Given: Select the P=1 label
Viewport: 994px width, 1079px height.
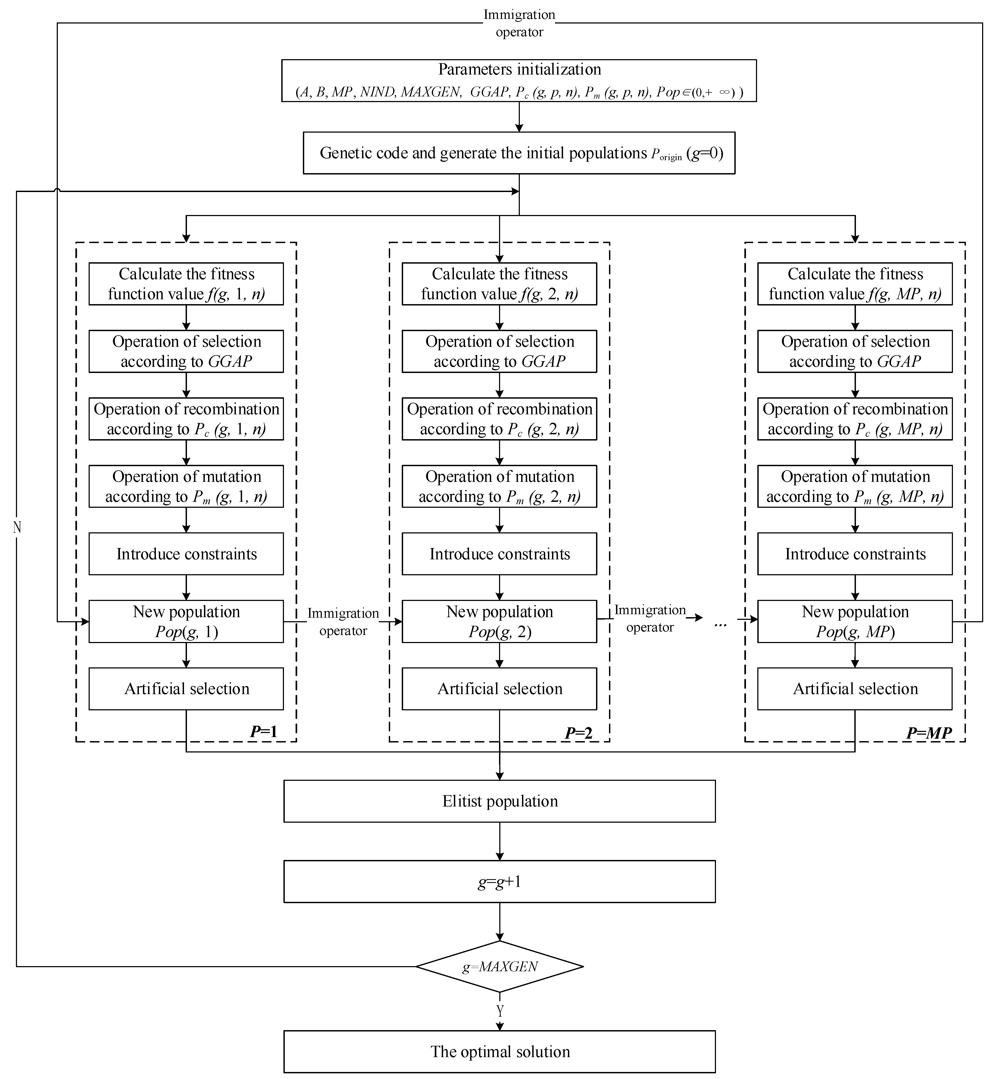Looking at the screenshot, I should [x=263, y=732].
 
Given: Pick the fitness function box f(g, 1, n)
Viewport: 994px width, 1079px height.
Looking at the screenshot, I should [x=186, y=284].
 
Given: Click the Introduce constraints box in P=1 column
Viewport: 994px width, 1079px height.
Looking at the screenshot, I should [x=186, y=554].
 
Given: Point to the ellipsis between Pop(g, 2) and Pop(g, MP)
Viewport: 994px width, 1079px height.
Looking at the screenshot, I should [x=720, y=624].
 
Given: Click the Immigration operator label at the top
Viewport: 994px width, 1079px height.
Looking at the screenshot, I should [x=519, y=23].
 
